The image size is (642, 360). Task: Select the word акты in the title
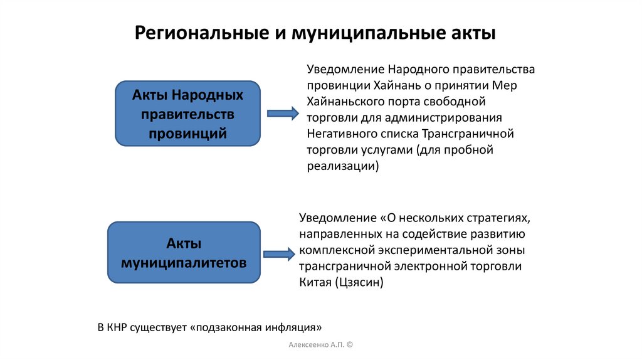coord(473,33)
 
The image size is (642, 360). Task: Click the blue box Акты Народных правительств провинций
coord(187,114)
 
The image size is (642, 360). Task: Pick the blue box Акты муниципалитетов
coord(183,253)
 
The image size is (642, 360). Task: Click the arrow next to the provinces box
coord(283,113)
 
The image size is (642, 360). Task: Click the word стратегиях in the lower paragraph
coord(498,218)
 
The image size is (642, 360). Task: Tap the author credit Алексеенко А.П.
coord(315,346)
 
